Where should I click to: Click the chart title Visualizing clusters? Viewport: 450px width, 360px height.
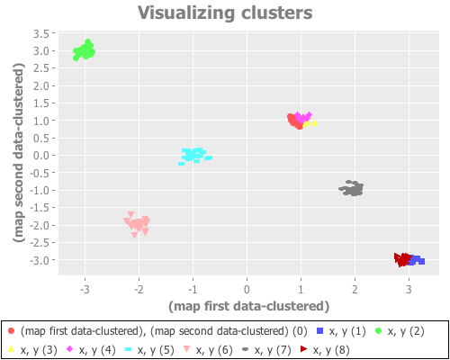click(x=225, y=13)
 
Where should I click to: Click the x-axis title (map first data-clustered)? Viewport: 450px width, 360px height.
click(x=248, y=305)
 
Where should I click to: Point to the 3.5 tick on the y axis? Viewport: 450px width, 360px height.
click(x=40, y=33)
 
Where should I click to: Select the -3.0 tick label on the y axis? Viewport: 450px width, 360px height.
click(x=39, y=260)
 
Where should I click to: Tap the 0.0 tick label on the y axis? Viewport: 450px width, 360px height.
click(x=40, y=156)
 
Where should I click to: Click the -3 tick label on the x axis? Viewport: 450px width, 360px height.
click(x=85, y=290)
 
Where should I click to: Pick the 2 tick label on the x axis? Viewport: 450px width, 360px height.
click(x=355, y=290)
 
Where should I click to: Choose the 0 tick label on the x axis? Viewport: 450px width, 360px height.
click(x=247, y=290)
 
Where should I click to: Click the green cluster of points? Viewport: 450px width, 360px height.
click(x=85, y=50)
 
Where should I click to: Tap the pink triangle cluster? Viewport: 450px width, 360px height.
click(x=137, y=223)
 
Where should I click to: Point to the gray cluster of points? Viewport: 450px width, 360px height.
click(x=352, y=188)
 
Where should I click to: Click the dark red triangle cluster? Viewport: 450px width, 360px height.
click(x=402, y=258)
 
